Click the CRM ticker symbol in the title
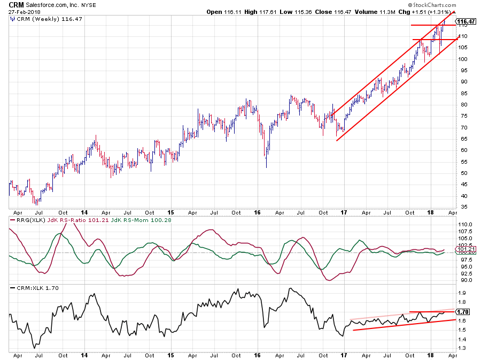click(16, 4)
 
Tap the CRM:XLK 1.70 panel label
click(37, 288)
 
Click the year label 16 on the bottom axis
click(257, 355)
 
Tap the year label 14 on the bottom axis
click(84, 355)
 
